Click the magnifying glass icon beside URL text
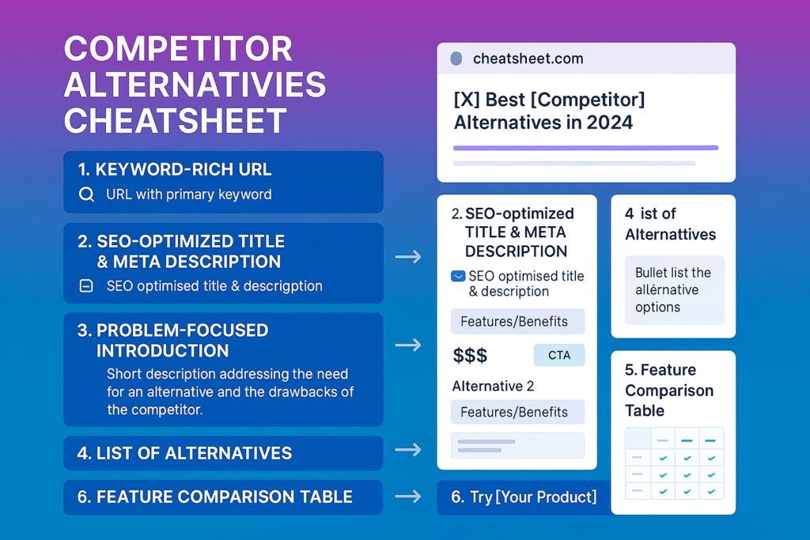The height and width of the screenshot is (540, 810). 87,194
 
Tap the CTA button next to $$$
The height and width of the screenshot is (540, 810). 559,355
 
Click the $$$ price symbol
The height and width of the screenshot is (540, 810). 470,356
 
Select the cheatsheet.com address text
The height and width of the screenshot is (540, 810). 528,59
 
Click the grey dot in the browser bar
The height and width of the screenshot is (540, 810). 456,59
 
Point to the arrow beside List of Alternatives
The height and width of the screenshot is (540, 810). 408,450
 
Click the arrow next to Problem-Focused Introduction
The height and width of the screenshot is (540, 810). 408,345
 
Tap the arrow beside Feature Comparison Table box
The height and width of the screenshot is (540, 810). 408,497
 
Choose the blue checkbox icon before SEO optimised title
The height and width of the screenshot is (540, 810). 458,276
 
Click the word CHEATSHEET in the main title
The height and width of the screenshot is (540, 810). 175,121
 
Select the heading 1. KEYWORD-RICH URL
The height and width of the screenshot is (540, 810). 175,169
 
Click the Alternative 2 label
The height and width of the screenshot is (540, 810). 493,386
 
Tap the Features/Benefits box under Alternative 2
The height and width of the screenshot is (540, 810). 517,412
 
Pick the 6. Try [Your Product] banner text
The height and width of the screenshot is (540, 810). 524,497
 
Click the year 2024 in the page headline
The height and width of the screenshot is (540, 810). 610,123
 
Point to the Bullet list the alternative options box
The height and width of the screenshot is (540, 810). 675,290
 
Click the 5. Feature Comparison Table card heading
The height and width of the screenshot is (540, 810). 669,391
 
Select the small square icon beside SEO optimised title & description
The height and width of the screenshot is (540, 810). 86,285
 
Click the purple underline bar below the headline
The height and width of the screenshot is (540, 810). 586,148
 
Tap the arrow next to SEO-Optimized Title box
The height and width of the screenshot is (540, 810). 408,257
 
